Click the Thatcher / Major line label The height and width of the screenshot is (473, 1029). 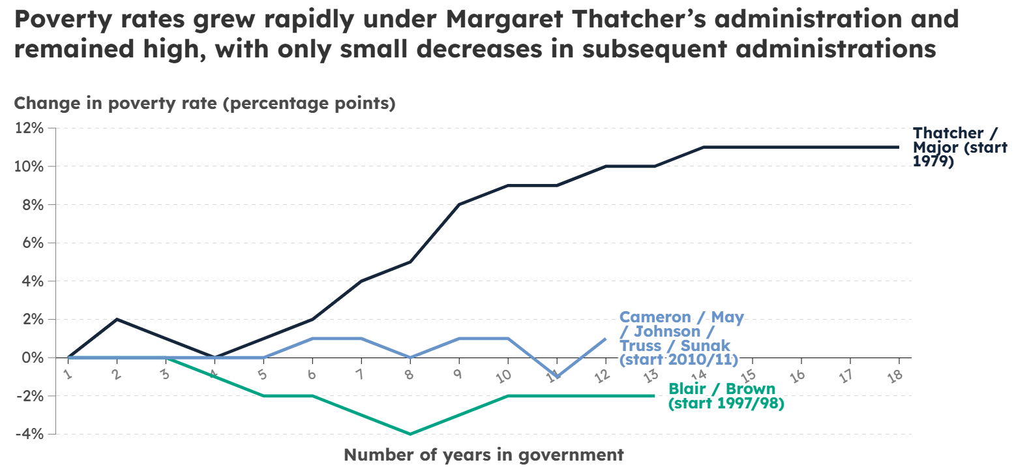coord(959,147)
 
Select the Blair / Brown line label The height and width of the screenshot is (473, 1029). coord(726,396)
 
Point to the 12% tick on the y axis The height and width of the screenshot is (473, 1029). coord(29,128)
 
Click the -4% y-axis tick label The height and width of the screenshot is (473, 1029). coord(29,434)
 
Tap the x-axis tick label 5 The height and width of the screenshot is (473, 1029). coord(262,374)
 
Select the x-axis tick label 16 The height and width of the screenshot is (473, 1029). coord(797,376)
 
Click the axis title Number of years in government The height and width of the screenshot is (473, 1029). coord(483,455)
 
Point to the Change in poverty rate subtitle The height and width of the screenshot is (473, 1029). coord(205,103)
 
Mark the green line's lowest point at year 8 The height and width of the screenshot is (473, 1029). coord(410,434)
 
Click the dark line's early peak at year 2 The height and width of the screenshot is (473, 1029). coord(117,320)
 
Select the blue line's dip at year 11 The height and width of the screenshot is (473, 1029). coord(557,376)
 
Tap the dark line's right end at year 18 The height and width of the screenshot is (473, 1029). coord(899,147)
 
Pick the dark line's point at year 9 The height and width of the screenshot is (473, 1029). coord(459,205)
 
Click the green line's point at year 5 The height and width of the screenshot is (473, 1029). coord(263,396)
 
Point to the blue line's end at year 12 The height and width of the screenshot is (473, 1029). coord(605,339)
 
